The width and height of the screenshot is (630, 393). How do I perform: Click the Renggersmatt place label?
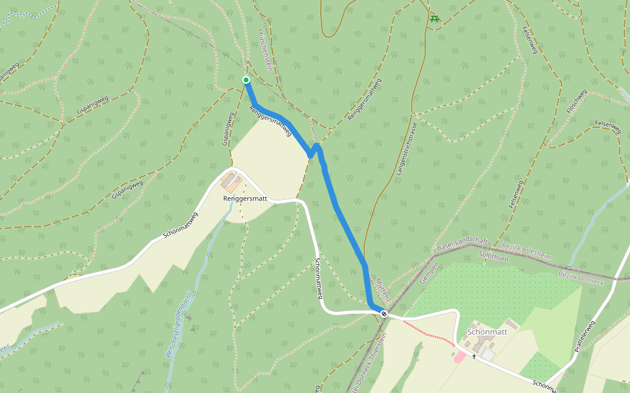(x=245, y=198)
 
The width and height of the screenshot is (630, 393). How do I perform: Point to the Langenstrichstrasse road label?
(x=406, y=151)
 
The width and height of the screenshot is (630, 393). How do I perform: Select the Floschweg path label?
(x=576, y=102)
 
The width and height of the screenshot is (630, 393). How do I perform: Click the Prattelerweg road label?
(x=583, y=336)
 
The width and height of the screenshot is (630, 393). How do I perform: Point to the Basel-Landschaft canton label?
(x=462, y=244)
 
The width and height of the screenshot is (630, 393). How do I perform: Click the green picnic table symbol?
(x=434, y=18)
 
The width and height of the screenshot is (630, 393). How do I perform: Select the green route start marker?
(x=246, y=80)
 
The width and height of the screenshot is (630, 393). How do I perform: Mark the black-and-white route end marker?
(x=384, y=314)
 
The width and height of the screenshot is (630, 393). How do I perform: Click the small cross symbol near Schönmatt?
(x=474, y=356)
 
